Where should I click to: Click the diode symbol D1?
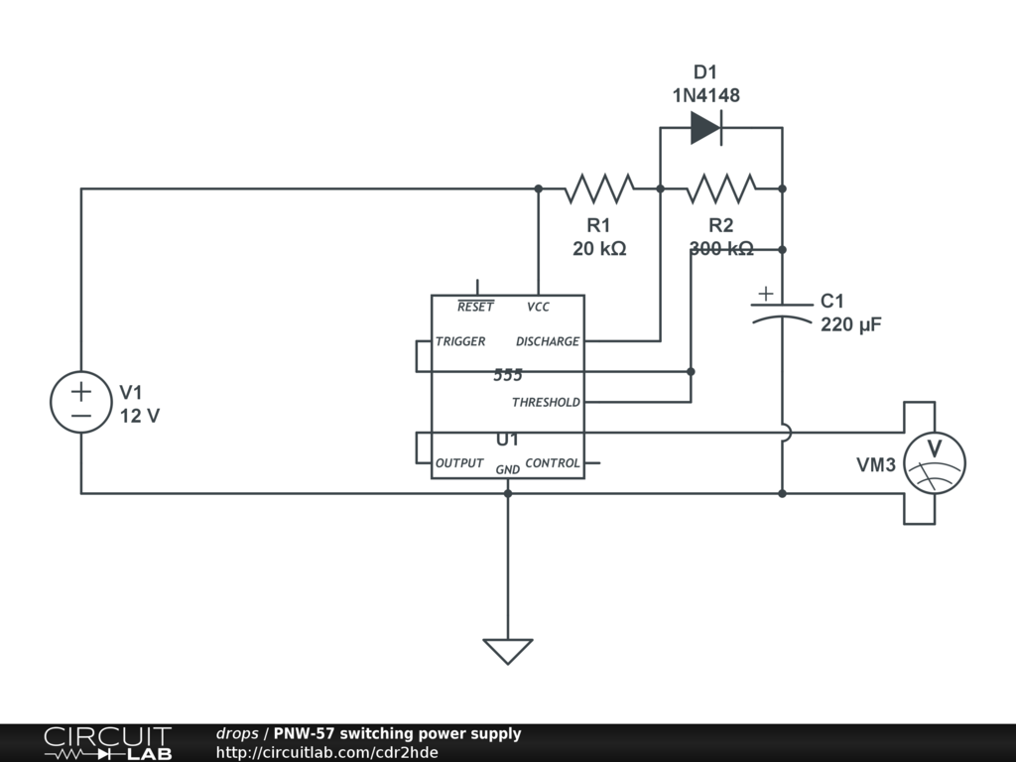tap(705, 127)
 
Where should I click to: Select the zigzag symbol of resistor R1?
tap(599, 188)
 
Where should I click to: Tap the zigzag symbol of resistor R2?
tap(721, 188)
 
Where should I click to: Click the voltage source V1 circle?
tap(81, 402)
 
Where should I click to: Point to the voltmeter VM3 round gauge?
tap(935, 462)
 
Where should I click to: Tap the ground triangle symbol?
tap(507, 651)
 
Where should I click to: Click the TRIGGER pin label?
tap(460, 341)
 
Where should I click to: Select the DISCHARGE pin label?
tap(548, 341)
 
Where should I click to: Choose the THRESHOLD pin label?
tap(546, 402)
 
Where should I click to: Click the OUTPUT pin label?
tap(459, 463)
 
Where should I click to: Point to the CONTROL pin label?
tap(553, 463)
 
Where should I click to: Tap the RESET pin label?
tap(475, 308)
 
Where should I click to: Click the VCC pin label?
tap(538, 308)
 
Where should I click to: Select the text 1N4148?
tap(705, 95)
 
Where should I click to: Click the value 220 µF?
tap(851, 324)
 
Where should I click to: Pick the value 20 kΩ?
tap(599, 248)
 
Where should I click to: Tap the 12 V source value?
tap(140, 416)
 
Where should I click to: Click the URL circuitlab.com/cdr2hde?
tap(326, 752)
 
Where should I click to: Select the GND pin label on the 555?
tap(507, 469)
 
